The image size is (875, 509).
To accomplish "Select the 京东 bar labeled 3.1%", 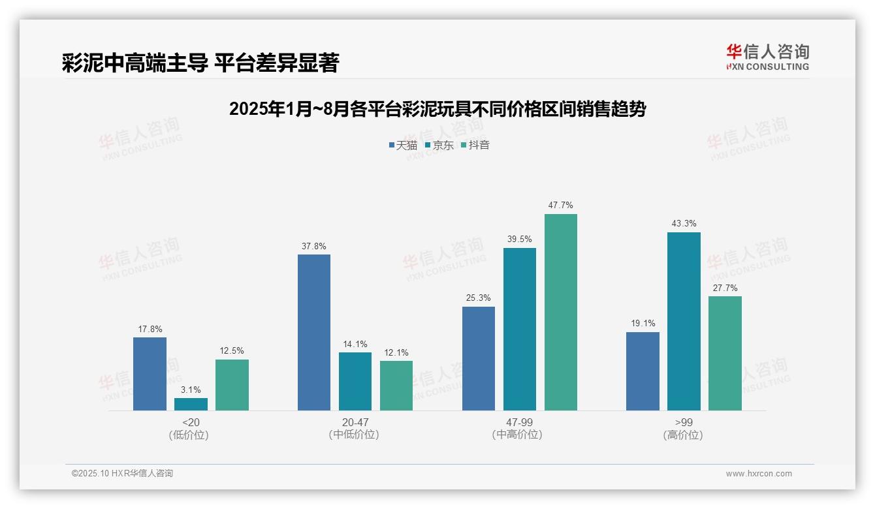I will [191, 405].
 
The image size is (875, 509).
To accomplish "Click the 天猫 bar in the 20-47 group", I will [314, 332].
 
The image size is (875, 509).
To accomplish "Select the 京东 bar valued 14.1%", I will [355, 381].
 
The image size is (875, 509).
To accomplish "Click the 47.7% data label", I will [561, 205].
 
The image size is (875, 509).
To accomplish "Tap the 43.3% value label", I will [684, 223].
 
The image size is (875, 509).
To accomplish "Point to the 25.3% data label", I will [479, 298].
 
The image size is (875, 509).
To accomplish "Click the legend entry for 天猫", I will [403, 145].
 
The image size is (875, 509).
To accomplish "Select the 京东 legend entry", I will [439, 145].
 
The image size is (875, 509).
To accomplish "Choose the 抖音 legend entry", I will [475, 145].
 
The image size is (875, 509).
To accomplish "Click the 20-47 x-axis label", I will [355, 422].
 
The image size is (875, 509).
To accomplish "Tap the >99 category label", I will [684, 422].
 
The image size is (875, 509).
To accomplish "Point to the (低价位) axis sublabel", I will [191, 435].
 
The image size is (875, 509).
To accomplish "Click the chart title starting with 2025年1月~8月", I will [437, 109].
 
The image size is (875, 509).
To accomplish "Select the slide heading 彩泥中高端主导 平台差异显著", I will [200, 63].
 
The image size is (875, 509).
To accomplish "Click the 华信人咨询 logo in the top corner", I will [767, 57].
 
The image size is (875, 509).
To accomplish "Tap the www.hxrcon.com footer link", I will [759, 474].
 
